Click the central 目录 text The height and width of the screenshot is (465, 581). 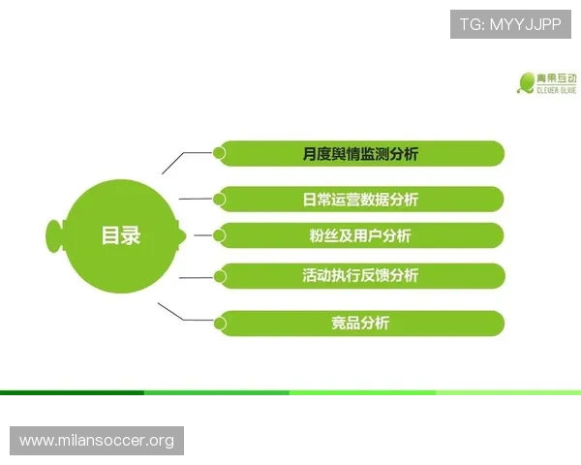121,235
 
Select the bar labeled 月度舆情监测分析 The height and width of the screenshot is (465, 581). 360,153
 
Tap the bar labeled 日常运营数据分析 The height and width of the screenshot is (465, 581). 360,200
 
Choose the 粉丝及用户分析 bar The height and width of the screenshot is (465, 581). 360,235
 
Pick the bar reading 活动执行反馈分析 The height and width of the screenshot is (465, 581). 360,275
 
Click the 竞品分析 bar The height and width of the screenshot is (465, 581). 360,323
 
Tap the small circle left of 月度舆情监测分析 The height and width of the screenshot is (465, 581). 220,152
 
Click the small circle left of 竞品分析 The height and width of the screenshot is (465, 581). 220,323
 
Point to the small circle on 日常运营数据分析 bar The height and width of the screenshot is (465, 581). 220,200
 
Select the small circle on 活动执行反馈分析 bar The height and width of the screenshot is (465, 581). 220,276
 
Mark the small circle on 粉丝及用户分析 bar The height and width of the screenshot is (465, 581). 220,234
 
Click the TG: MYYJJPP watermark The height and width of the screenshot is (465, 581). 510,23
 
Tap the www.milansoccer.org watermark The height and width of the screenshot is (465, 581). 97,441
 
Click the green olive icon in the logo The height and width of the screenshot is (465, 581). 527,82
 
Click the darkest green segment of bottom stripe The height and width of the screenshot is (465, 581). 73,392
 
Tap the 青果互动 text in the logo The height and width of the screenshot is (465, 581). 558,77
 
